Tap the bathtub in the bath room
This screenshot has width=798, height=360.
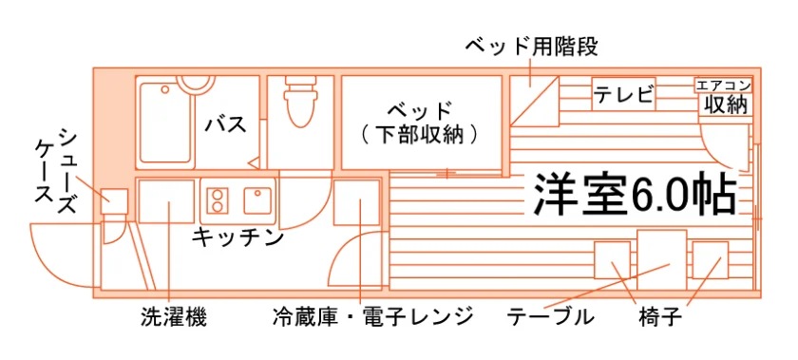pyautogui.click(x=166, y=122)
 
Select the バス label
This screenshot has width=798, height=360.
pyautogui.click(x=226, y=124)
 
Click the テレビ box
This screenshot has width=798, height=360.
pyautogui.click(x=623, y=94)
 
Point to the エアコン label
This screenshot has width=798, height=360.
pyautogui.click(x=723, y=85)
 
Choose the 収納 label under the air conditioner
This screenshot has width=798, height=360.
pyautogui.click(x=726, y=104)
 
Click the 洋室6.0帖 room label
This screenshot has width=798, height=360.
pyautogui.click(x=636, y=196)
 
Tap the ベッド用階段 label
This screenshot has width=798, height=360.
pyautogui.click(x=532, y=47)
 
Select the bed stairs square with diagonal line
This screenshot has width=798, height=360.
pyautogui.click(x=534, y=102)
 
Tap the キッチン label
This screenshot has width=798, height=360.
pyautogui.click(x=237, y=237)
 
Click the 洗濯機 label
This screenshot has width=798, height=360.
pyautogui.click(x=174, y=318)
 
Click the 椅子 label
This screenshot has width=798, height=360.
pyautogui.click(x=659, y=318)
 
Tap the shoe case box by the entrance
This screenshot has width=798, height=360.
pyautogui.click(x=113, y=201)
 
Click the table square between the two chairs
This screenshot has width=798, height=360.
pyautogui.click(x=662, y=259)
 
